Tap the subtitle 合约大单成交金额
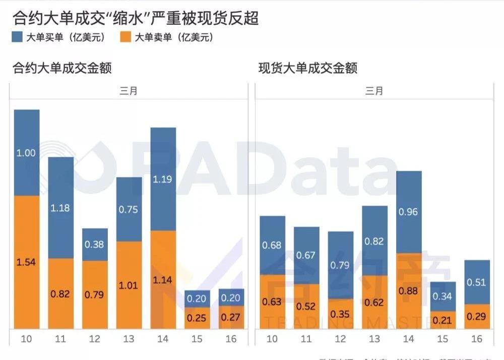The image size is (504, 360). [x=61, y=68]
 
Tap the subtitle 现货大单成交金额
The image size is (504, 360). [x=307, y=68]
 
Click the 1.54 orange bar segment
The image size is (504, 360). [x=27, y=262]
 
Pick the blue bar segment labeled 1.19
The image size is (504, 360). [x=163, y=179]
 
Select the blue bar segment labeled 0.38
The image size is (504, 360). [x=95, y=245]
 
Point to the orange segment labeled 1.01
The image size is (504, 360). [x=129, y=285]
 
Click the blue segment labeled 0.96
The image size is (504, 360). [x=409, y=212]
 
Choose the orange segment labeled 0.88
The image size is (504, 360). [x=409, y=291]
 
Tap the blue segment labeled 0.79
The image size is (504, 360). [x=341, y=265]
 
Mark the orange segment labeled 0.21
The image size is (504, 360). [x=443, y=320]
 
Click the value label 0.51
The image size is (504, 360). [x=476, y=282]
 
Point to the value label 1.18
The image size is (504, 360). [x=60, y=207]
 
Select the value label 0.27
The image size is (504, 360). [x=231, y=318]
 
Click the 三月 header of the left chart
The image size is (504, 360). [x=129, y=91]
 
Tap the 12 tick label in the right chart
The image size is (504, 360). [x=340, y=339]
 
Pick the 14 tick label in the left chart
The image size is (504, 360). [x=163, y=339]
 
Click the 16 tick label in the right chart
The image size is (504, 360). [x=476, y=339]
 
